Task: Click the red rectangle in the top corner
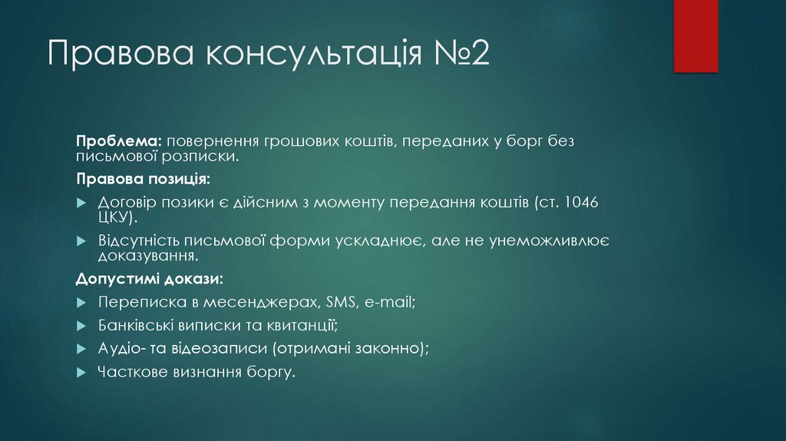(695, 35)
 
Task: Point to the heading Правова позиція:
(142, 179)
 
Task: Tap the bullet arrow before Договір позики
(81, 203)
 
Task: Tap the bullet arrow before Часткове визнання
(81, 372)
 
